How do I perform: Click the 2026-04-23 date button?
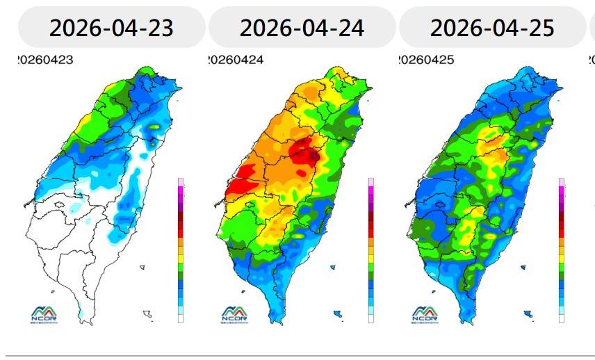click(x=111, y=28)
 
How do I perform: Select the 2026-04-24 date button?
click(x=302, y=28)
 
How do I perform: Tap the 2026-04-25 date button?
click(x=492, y=28)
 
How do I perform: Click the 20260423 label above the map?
click(x=45, y=60)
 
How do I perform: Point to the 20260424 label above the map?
click(x=236, y=60)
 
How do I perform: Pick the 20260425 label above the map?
click(x=426, y=60)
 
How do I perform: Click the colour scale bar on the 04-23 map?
click(x=181, y=250)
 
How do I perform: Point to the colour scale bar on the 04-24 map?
click(x=371, y=250)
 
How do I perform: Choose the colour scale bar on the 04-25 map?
click(x=562, y=250)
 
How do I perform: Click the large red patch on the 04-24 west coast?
click(x=240, y=182)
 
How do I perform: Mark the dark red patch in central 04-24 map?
click(x=304, y=152)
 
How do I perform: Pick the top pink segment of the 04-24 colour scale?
click(x=371, y=182)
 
